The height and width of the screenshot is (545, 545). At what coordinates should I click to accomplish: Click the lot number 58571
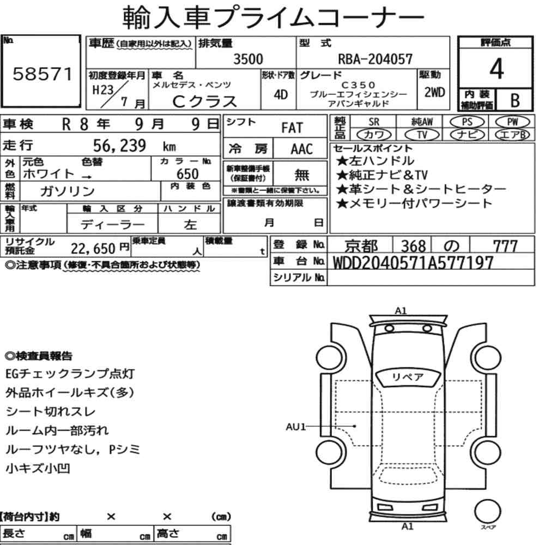point(42,74)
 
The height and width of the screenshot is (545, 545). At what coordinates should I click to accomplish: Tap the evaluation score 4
point(496,69)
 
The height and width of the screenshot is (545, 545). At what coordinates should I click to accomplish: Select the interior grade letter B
point(515,100)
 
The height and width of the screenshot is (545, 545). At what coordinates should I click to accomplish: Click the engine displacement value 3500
point(248,59)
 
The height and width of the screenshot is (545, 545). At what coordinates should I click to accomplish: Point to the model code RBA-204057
point(375,59)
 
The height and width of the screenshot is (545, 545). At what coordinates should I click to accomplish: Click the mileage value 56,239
point(119,146)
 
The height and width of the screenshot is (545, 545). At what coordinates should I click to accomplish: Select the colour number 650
point(187,174)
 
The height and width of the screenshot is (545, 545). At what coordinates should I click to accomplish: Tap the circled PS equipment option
point(467,122)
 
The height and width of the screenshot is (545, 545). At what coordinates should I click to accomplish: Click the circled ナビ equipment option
point(467,135)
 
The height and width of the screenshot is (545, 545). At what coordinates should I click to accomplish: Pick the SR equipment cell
point(374,122)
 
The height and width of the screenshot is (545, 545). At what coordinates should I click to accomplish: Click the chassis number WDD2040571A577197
point(413,263)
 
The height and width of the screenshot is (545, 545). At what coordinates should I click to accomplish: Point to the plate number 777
point(505,246)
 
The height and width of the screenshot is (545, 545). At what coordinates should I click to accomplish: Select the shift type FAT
point(292,128)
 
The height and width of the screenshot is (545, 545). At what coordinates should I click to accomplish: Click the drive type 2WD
point(434,93)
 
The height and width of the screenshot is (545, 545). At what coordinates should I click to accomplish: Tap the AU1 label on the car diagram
point(295,427)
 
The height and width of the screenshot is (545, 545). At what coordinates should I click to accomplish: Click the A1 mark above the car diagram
point(401,311)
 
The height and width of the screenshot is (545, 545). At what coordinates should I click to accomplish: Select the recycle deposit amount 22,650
point(93,249)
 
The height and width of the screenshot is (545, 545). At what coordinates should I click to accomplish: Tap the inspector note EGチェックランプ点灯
point(70,374)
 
